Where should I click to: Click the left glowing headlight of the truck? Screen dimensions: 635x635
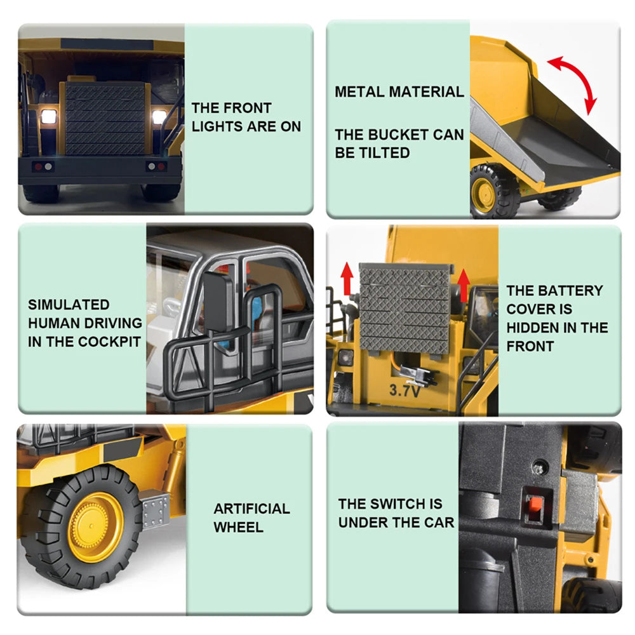48,117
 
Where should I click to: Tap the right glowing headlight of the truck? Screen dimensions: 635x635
159,117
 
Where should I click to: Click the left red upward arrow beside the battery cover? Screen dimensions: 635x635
347,278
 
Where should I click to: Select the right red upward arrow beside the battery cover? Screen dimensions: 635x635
464,286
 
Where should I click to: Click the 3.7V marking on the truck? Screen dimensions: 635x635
404,391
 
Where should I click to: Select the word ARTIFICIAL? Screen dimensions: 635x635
251,508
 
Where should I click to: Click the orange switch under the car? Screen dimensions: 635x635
536,505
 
